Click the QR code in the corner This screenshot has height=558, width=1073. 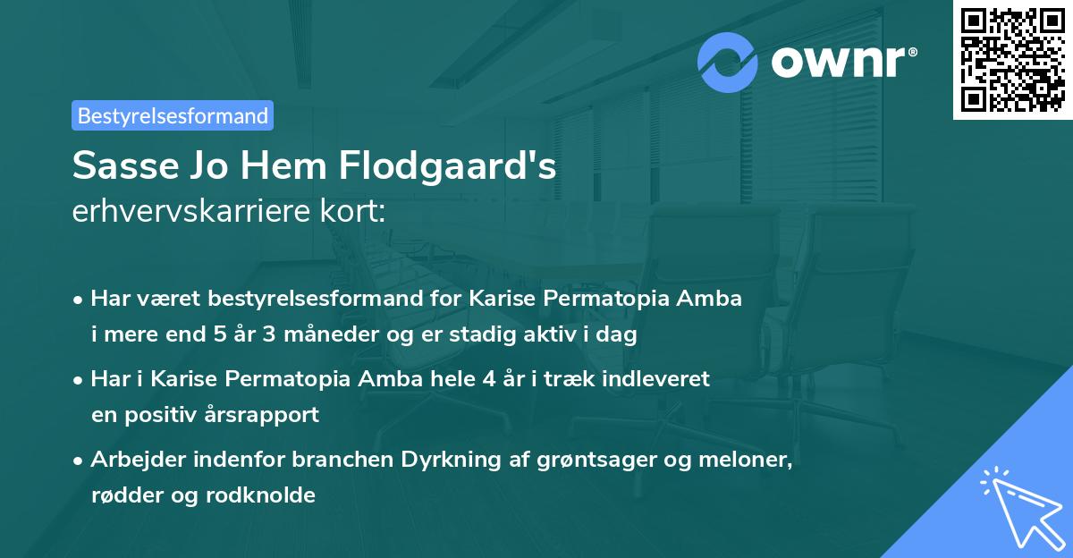click(1013, 60)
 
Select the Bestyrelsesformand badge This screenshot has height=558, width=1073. click(173, 115)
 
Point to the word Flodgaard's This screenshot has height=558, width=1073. click(460, 166)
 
